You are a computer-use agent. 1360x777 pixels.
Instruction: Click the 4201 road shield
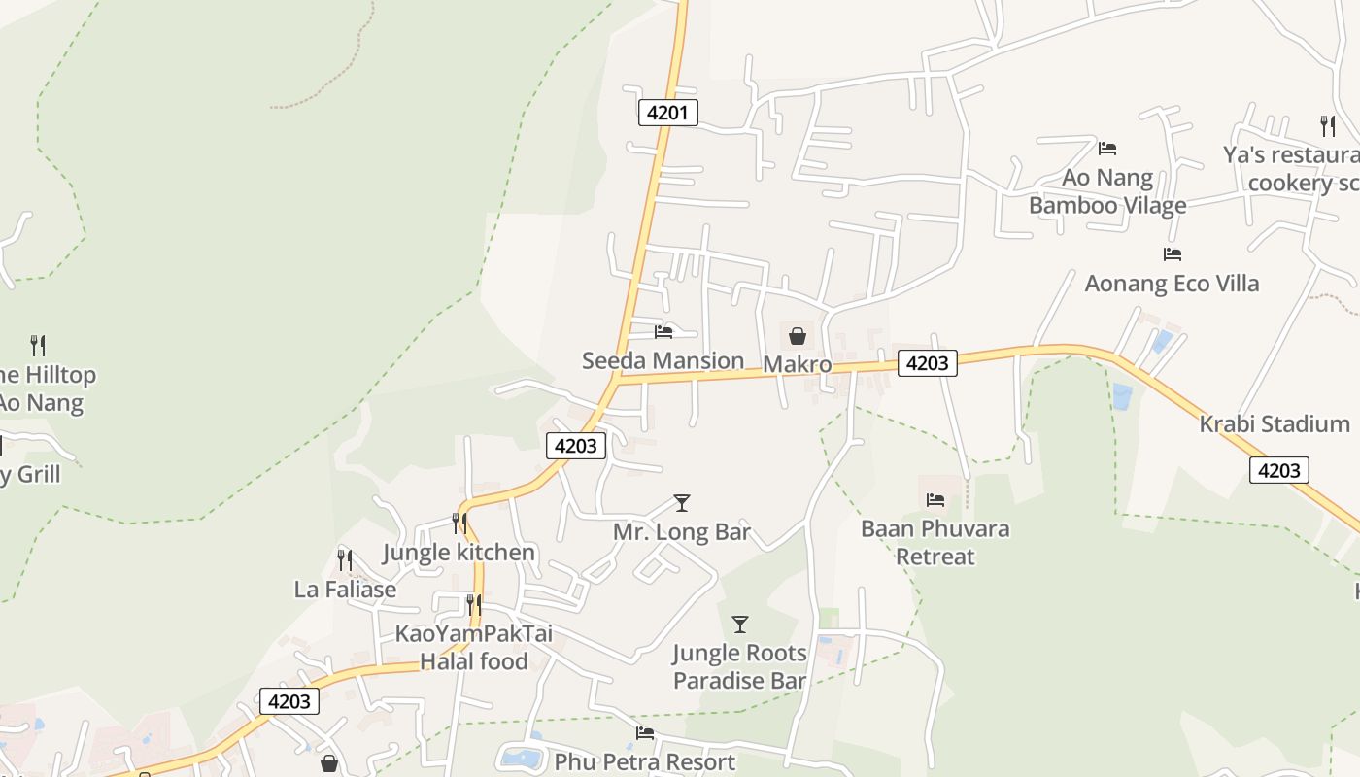point(667,113)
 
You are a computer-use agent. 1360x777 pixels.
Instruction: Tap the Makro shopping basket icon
point(797,336)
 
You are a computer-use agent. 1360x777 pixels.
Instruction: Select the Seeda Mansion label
point(663,361)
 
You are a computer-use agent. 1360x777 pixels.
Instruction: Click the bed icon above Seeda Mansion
point(663,331)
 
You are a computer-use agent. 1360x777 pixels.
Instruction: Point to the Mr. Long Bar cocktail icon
point(682,502)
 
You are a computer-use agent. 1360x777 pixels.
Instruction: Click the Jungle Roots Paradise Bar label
point(739,666)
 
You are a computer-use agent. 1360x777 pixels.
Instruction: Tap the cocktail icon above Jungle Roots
point(740,624)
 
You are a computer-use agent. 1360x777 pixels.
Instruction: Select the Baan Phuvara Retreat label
point(935,543)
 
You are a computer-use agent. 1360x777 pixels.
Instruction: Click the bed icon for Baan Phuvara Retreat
point(935,499)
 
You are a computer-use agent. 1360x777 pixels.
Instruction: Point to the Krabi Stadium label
point(1274,424)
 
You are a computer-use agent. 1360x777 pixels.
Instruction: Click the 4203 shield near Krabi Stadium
point(1278,470)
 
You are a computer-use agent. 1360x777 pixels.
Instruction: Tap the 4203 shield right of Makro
point(927,363)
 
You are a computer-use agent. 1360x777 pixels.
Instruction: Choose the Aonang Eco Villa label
point(1172,284)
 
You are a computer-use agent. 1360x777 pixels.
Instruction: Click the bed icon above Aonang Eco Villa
point(1173,254)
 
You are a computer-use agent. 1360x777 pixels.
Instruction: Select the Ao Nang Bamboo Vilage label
point(1107,191)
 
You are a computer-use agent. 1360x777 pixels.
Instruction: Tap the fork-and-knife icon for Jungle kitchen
point(459,523)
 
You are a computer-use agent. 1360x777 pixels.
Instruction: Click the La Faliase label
point(345,590)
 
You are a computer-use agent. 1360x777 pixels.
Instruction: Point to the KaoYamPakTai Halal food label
point(473,648)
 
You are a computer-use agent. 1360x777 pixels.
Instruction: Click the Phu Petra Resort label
point(644,762)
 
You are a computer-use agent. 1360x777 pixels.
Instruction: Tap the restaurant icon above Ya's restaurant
point(1327,124)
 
